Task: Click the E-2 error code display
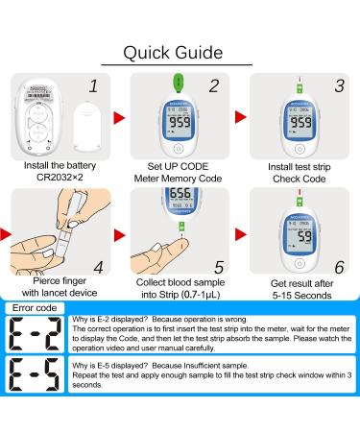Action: (x=38, y=331)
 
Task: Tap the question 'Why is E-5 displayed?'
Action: (x=115, y=368)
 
